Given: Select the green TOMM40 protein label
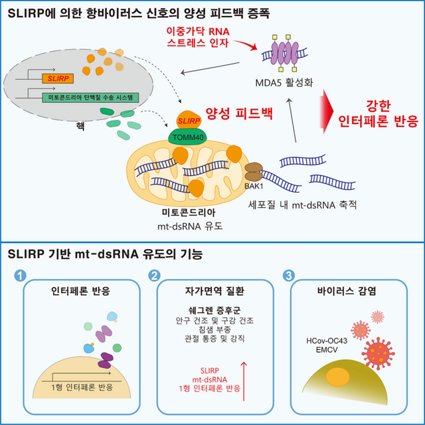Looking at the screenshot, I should pos(190,135).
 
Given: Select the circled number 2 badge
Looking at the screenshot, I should pos(155,274).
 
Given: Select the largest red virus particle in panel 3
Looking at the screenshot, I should pos(381,351).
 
